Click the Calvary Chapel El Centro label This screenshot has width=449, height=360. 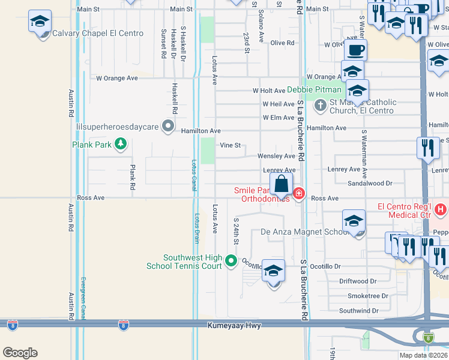pyautogui.click(x=98, y=34)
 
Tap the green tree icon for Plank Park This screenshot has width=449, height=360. pyautogui.click(x=121, y=143)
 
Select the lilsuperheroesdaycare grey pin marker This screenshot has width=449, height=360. pyautogui.click(x=168, y=127)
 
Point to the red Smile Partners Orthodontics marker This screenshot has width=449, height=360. pyautogui.click(x=299, y=193)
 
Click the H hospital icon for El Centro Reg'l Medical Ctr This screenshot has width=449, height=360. pyautogui.click(x=441, y=210)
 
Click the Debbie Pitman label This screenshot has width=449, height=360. pyautogui.click(x=314, y=90)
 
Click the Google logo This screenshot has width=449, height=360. pyautogui.click(x=20, y=353)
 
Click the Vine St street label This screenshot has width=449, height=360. pyautogui.click(x=231, y=145)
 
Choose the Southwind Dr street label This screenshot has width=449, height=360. pyautogui.click(x=358, y=311)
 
